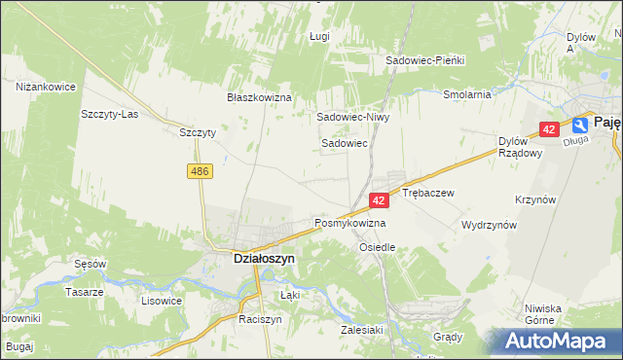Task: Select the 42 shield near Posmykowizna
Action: pos(380,199)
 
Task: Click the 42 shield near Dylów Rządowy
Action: pos(549,129)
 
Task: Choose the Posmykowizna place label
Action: pos(349,223)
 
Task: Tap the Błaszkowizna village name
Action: pos(260,98)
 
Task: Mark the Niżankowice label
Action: pos(46,87)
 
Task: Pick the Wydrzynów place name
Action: pos(489,224)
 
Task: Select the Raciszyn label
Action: pos(260,319)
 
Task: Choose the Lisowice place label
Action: pos(162,301)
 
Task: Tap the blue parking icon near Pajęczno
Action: pos(580,125)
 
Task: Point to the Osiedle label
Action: pos(378,247)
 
